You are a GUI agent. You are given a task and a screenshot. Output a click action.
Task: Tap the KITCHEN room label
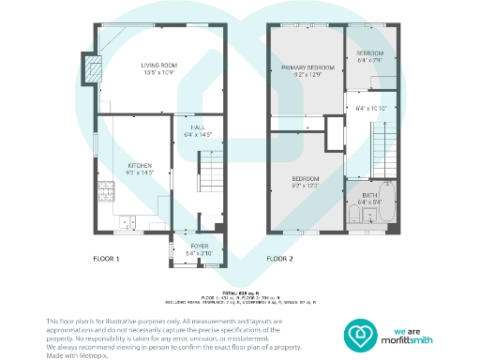(139, 165)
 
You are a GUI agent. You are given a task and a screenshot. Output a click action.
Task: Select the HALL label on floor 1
(198, 127)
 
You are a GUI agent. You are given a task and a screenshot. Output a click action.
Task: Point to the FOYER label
(200, 247)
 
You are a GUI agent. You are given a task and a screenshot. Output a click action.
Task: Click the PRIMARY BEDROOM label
(307, 68)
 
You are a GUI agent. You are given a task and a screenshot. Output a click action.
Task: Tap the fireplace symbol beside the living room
(92, 69)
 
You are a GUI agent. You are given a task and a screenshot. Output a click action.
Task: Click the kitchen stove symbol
(107, 194)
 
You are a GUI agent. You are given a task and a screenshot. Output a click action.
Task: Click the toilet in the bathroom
(354, 218)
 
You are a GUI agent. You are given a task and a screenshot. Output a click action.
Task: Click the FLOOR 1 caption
(106, 258)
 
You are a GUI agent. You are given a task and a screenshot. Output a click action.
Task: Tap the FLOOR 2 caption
(279, 258)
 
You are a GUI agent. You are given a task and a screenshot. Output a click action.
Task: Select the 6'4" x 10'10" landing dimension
(371, 109)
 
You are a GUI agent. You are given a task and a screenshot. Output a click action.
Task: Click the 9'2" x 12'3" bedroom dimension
(307, 186)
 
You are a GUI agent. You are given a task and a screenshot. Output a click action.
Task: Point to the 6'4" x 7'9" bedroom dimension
(370, 60)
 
